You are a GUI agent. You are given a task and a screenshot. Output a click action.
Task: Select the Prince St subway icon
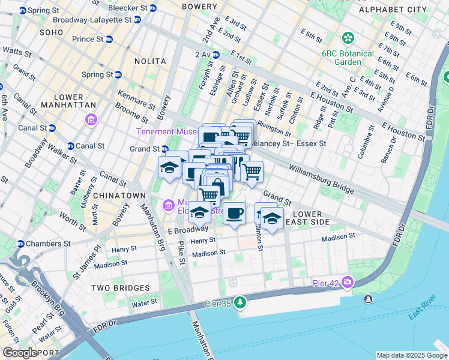(109, 39)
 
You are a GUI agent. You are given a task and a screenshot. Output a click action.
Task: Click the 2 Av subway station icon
(215, 55)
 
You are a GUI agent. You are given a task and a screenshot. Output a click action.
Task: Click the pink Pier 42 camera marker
(348, 283)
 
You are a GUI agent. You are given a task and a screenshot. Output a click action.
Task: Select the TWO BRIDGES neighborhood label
(116, 288)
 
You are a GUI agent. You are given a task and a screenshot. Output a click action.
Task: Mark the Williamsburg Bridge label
(321, 179)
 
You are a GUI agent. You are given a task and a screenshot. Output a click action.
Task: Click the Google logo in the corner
(19, 353)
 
